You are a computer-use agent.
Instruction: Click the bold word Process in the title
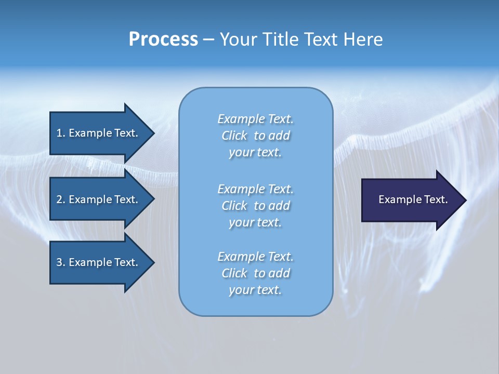click(x=163, y=39)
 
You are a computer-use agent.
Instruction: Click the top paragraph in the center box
click(x=255, y=136)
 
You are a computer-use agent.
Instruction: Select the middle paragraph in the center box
click(x=255, y=206)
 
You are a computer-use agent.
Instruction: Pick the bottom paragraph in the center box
click(x=255, y=273)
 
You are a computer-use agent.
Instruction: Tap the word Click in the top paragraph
click(x=234, y=136)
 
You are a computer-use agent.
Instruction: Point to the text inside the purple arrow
click(x=413, y=199)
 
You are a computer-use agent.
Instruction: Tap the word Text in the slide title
click(x=320, y=39)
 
